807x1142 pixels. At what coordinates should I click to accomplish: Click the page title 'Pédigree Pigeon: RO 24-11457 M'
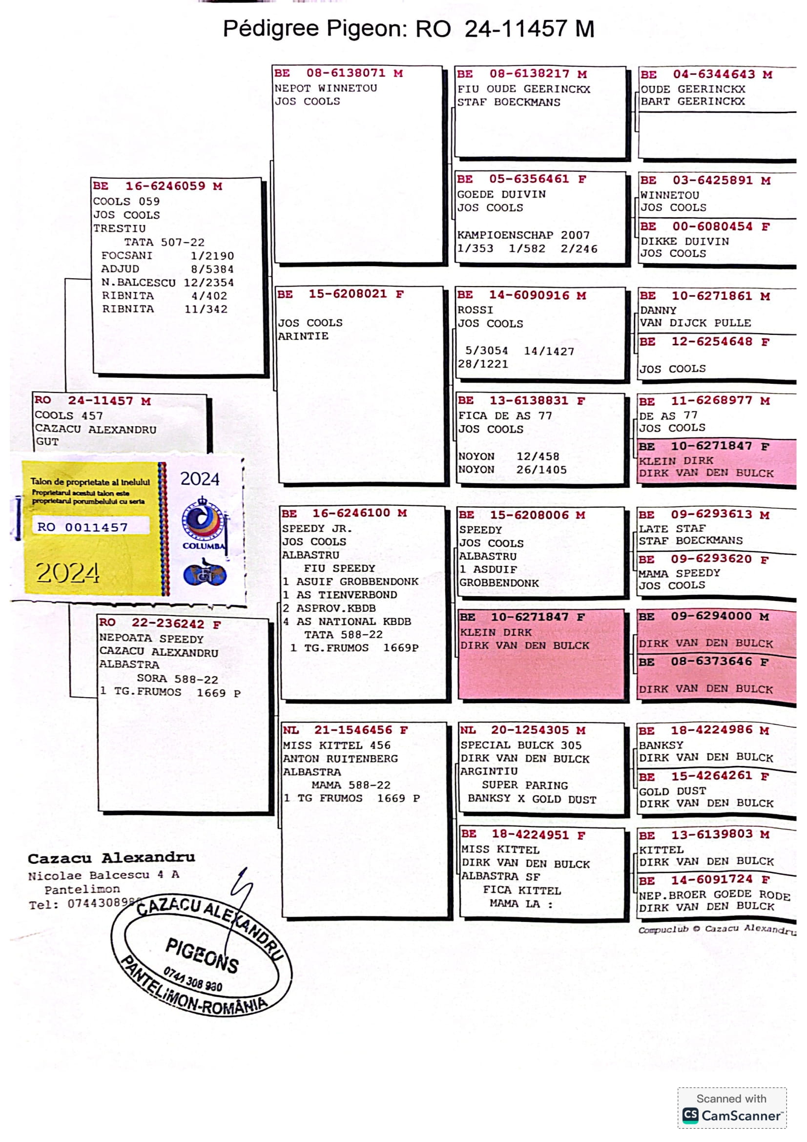[x=408, y=28]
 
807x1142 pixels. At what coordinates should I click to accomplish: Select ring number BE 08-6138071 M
[x=338, y=73]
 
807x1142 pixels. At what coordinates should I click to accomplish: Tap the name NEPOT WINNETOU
[x=326, y=88]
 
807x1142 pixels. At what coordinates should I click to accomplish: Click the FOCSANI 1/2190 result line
[x=167, y=256]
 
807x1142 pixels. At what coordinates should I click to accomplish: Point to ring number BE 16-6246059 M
[x=157, y=186]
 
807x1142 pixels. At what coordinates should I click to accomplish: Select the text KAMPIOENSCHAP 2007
[x=523, y=235]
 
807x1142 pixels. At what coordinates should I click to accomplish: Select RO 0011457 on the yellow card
[x=83, y=527]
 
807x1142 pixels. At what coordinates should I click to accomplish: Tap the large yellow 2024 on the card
[x=68, y=573]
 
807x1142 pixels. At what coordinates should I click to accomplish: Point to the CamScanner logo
[x=731, y=1116]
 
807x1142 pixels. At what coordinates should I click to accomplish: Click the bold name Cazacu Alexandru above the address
[x=111, y=858]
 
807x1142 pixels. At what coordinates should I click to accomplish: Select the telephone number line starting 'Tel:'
[x=84, y=904]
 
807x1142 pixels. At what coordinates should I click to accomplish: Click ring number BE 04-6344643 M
[x=706, y=75]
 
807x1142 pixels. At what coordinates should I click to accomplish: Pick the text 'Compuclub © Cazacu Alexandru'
[x=716, y=929]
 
